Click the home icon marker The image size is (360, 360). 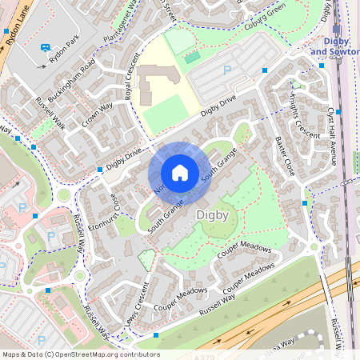point(179,173)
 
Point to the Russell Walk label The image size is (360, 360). point(50,113)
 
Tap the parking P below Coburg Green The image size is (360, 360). point(226,70)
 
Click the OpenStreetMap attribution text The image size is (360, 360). point(81,354)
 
